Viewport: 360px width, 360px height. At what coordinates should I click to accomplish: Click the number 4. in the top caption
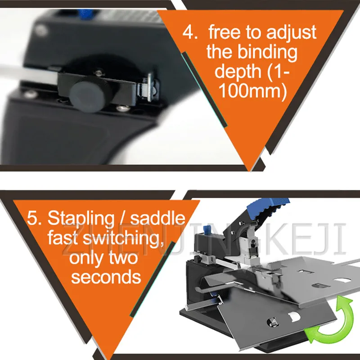pyautogui.click(x=189, y=32)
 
